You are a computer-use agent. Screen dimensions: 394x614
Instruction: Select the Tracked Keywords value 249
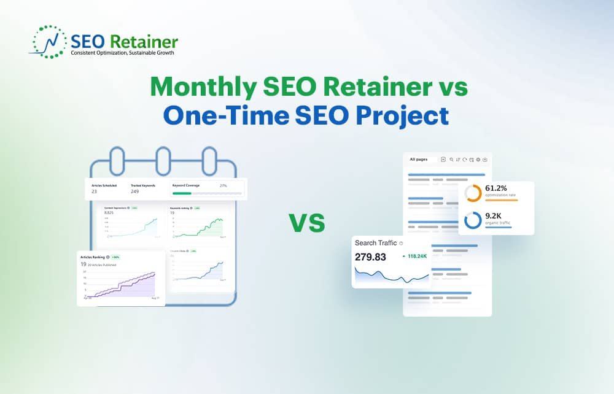(x=135, y=191)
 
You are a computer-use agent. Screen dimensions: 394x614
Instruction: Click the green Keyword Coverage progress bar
(x=182, y=193)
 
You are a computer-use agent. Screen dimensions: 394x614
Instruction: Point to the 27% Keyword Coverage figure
(x=223, y=185)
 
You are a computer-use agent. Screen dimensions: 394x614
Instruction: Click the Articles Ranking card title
(x=92, y=257)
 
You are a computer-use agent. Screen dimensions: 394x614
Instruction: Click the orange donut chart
(x=473, y=193)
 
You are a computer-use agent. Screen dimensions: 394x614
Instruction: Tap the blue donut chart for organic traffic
(x=473, y=220)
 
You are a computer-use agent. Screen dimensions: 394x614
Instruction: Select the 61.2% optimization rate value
(x=496, y=188)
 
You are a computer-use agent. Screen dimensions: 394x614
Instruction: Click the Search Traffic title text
(x=376, y=243)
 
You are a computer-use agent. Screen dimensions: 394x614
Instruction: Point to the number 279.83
(x=371, y=257)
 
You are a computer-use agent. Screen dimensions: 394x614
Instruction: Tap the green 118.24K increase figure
(x=418, y=257)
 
